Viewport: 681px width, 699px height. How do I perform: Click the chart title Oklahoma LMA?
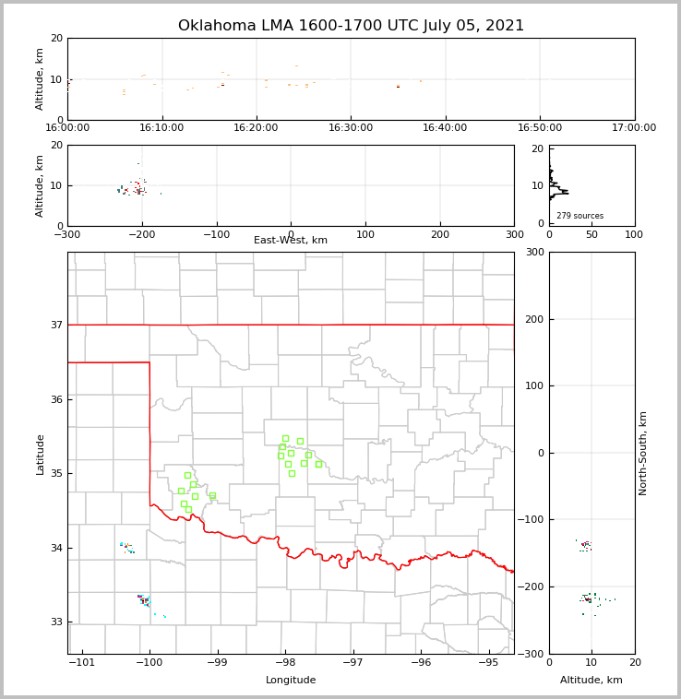coord(351,26)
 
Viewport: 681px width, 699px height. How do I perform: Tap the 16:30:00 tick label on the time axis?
coord(351,127)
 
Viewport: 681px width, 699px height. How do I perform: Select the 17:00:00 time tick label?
coord(634,127)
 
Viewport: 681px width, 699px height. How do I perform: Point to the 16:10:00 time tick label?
coord(162,127)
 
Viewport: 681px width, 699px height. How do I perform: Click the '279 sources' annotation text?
coord(579,216)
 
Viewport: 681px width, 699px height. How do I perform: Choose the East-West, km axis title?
coord(291,241)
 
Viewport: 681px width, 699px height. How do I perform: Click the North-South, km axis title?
coord(643,453)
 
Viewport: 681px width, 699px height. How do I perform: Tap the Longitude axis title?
coord(291,681)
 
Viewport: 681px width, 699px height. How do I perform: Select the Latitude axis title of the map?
coord(41,454)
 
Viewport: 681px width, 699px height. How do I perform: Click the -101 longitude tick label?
coord(83,662)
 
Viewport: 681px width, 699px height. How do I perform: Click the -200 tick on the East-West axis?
coord(141,234)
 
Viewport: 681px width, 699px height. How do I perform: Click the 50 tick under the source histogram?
coord(591,234)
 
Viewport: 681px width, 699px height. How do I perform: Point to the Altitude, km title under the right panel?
coord(591,681)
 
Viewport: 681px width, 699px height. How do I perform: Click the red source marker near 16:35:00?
coord(398,87)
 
